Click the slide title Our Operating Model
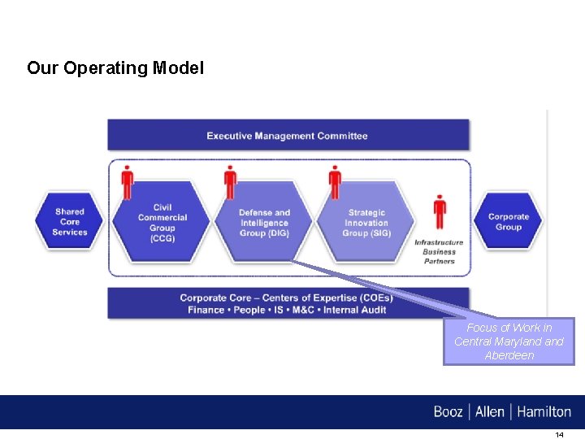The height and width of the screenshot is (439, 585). click(115, 67)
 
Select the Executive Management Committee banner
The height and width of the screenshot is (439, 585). click(288, 136)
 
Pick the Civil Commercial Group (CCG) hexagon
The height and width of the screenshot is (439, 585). click(162, 222)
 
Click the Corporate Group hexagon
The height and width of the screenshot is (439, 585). click(509, 222)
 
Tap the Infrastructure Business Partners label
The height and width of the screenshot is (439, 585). click(439, 251)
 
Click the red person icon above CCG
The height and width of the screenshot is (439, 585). click(128, 181)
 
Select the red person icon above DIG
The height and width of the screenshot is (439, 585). click(230, 181)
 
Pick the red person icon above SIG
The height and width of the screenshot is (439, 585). click(334, 181)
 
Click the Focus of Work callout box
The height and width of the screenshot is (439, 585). click(509, 341)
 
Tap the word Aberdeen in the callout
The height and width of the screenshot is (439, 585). click(509, 355)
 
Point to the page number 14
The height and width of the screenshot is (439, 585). click(559, 435)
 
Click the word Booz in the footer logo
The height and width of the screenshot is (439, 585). click(448, 411)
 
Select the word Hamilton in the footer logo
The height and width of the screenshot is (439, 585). click(544, 411)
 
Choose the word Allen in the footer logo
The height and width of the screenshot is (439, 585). click(490, 411)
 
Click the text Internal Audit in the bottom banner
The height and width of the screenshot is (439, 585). click(355, 310)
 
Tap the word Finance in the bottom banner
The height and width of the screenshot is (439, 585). click(206, 310)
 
